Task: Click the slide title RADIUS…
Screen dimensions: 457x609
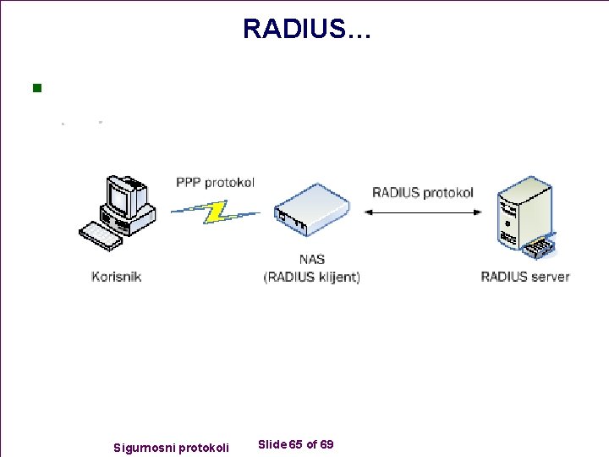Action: click(x=306, y=28)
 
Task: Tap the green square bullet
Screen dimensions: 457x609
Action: click(x=36, y=87)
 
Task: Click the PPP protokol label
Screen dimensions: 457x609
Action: click(x=215, y=182)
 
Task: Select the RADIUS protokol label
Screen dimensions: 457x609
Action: click(x=423, y=192)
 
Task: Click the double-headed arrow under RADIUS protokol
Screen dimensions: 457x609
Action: click(x=423, y=213)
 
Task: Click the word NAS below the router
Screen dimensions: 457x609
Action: click(x=311, y=259)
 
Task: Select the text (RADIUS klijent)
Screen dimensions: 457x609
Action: click(x=311, y=277)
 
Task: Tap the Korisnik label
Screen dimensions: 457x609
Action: click(x=117, y=277)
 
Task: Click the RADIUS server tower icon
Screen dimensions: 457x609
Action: click(x=523, y=217)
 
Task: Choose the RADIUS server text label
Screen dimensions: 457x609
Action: click(x=524, y=277)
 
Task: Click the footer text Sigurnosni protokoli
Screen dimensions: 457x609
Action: click(x=171, y=446)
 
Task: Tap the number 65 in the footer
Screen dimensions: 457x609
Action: click(x=296, y=444)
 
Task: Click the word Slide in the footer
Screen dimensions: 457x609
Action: click(x=272, y=444)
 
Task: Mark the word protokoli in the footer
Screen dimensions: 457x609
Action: click(x=204, y=446)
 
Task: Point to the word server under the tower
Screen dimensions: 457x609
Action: click(x=550, y=277)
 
